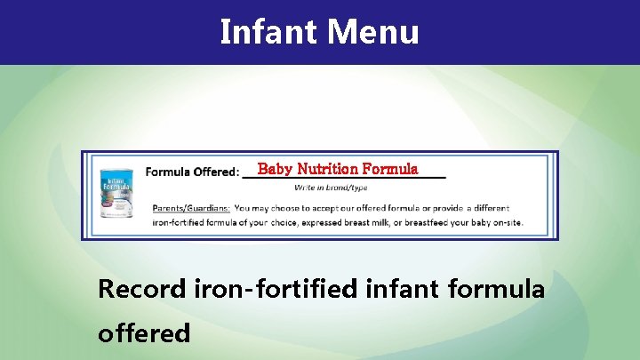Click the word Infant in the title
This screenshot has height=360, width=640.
[x=268, y=33]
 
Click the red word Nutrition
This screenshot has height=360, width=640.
[x=326, y=169]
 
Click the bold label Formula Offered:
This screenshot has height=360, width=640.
[x=192, y=172]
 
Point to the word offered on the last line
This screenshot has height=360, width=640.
[x=144, y=332]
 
